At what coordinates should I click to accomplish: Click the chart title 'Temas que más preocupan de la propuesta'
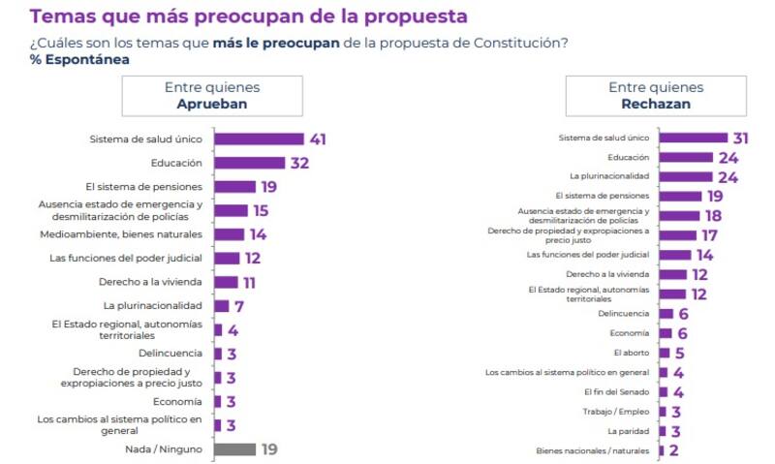(x=248, y=16)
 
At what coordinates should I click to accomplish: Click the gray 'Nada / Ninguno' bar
(x=234, y=449)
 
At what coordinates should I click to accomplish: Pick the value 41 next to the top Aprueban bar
(x=317, y=139)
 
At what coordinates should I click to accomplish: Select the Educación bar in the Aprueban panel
(x=249, y=163)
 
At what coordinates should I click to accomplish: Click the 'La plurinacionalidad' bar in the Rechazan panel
(x=685, y=176)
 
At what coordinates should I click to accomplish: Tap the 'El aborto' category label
(x=632, y=353)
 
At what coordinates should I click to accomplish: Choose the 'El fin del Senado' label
(x=617, y=391)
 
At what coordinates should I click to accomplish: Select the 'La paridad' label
(x=628, y=430)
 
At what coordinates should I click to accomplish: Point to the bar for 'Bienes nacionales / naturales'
(x=662, y=450)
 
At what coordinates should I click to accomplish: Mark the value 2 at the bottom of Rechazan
(x=673, y=450)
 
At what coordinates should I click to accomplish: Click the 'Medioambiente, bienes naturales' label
(x=121, y=233)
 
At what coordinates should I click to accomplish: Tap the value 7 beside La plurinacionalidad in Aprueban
(x=238, y=306)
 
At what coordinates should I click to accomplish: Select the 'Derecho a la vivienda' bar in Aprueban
(x=226, y=282)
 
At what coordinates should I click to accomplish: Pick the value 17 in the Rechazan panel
(x=710, y=234)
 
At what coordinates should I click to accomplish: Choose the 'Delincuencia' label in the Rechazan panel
(x=624, y=313)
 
